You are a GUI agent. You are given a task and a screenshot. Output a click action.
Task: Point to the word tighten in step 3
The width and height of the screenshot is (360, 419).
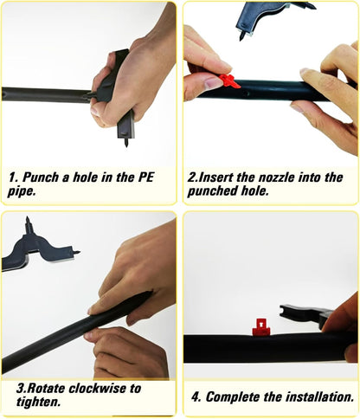tap(38, 402)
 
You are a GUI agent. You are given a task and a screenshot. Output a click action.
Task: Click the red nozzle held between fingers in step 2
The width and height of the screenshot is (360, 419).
tap(229, 81)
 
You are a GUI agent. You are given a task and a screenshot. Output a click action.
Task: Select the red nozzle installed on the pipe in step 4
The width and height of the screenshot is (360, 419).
tap(260, 327)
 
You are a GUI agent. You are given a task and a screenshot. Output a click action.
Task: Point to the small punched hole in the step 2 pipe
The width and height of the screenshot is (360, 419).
tap(245, 93)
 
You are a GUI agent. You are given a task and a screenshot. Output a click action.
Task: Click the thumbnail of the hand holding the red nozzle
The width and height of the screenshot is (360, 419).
tap(213, 83)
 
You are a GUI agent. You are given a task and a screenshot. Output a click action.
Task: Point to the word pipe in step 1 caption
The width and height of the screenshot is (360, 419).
tap(21, 191)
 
